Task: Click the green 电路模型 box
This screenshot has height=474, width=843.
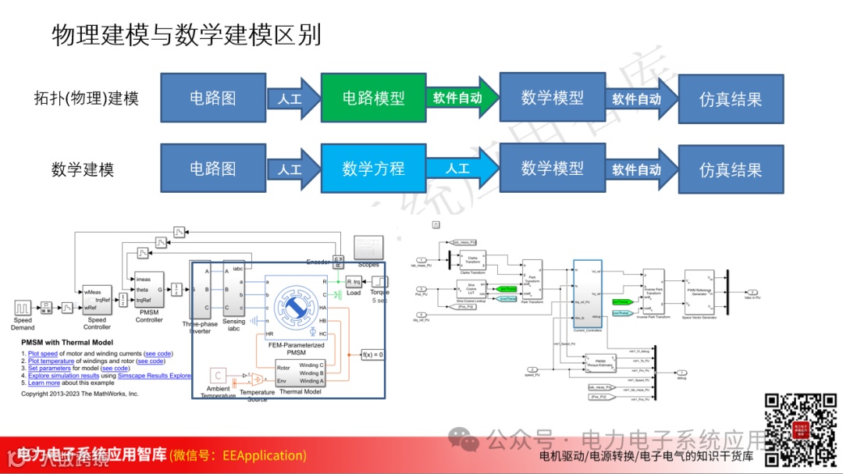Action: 373,98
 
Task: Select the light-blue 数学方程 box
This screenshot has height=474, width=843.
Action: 373,169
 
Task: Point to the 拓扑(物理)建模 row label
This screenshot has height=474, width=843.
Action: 87,98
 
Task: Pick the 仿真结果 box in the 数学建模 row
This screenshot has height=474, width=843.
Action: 731,169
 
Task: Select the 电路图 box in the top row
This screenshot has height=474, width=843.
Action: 212,98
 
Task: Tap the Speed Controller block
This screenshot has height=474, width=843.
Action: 96,301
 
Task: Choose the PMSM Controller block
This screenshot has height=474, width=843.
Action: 148,290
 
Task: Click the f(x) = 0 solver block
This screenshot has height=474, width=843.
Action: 373,355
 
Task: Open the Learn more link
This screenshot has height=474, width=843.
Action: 44,383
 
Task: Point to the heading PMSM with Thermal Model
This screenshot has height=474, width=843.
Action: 67,343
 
